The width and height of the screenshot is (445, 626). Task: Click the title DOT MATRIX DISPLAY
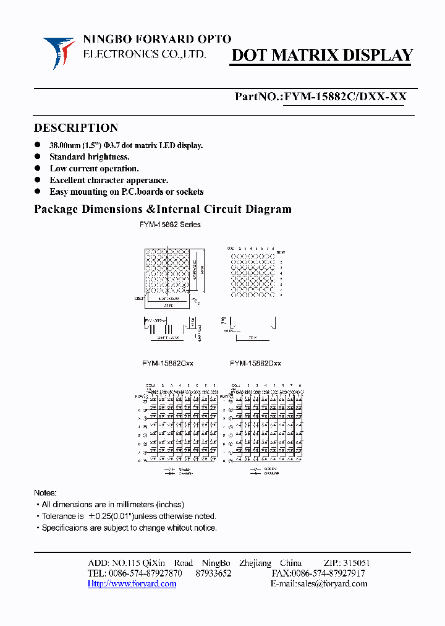point(321,55)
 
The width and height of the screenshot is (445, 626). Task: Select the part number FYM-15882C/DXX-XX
point(344,97)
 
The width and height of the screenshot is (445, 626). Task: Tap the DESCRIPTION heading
point(75,128)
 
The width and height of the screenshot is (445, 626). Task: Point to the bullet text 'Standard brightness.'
point(90,156)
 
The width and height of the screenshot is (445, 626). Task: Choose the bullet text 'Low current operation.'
point(94,168)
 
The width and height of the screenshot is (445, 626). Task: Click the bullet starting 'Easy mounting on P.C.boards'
point(127,192)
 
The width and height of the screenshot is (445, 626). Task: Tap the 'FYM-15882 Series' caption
point(170,225)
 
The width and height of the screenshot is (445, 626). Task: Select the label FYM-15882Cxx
point(167,364)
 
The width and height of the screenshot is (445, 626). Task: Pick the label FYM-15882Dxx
point(255,364)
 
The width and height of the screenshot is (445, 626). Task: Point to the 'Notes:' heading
point(45,492)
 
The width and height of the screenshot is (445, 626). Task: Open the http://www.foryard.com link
point(132,583)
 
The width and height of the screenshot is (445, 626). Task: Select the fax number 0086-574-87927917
point(328,573)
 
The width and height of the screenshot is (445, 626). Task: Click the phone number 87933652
point(213,573)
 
